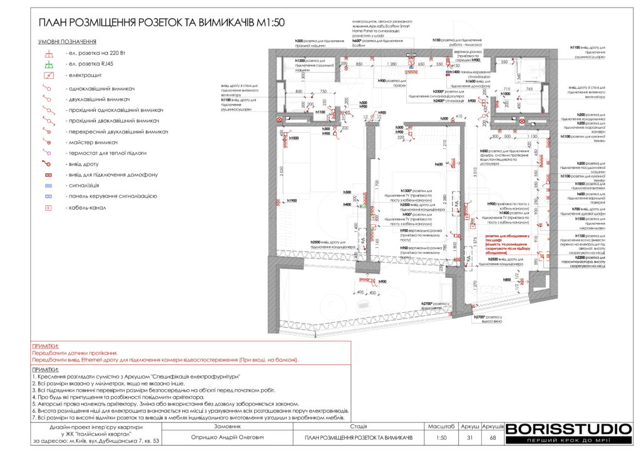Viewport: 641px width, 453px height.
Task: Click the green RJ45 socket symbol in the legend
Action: coord(48,64)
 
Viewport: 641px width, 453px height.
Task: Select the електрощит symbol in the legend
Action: coord(48,75)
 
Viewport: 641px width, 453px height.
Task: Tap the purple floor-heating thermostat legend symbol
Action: coord(48,153)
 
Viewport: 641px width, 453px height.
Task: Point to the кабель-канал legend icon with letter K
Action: coord(48,207)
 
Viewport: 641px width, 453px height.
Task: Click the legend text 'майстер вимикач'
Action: coord(93,143)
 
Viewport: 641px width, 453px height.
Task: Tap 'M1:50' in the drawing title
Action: coord(270,23)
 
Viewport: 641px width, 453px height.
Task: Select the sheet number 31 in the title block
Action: coord(469,437)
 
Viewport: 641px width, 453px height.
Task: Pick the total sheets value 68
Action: coord(492,437)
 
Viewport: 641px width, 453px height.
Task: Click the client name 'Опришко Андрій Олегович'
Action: coord(227,437)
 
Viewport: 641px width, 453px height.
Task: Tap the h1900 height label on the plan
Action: coord(292,200)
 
